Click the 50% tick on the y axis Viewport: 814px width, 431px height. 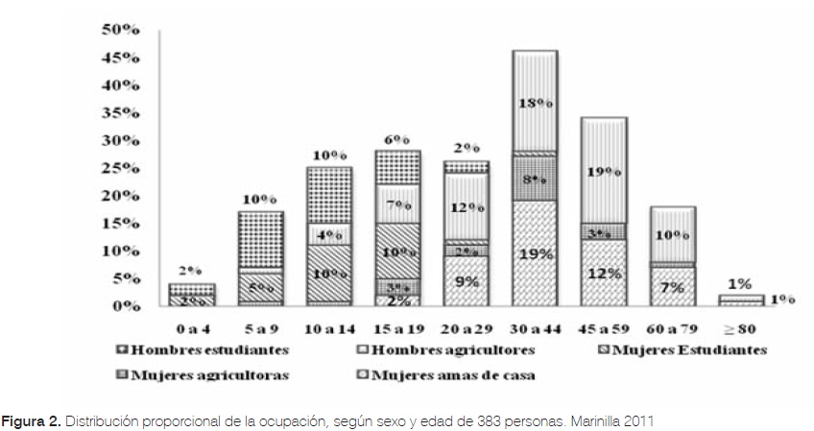tap(123, 31)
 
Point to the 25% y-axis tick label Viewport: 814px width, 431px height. tap(123, 168)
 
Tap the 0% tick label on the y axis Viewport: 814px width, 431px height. tap(127, 306)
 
